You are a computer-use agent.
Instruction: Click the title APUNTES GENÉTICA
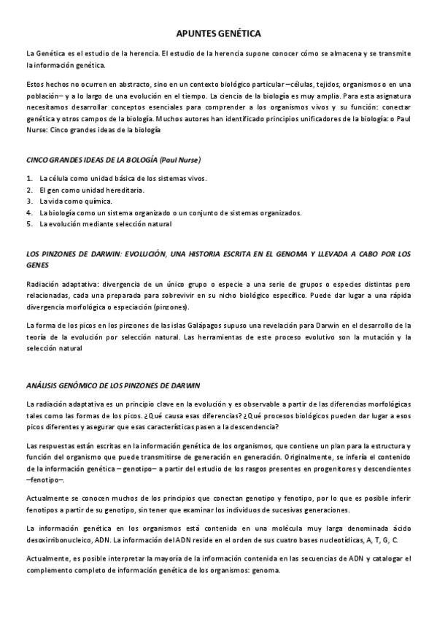[x=219, y=34]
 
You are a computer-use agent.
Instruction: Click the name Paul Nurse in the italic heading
[x=180, y=160]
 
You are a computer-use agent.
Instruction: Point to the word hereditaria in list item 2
[x=123, y=190]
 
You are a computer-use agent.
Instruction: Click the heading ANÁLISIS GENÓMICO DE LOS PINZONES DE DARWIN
[x=112, y=385]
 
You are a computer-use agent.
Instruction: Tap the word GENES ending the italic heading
[x=36, y=265]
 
